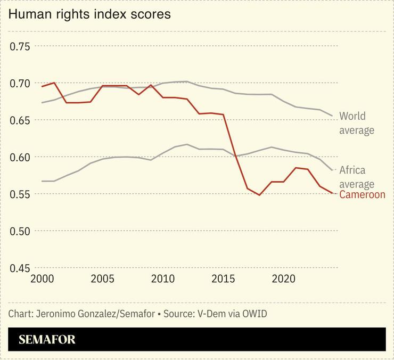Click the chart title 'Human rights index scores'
[89, 14]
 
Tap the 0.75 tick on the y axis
[21, 46]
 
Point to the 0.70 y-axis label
[21, 83]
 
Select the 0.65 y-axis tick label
[21, 120]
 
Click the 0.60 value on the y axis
[21, 157]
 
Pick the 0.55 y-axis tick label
[21, 194]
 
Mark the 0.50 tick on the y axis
[21, 231]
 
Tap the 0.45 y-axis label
[21, 268]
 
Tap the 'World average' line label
[357, 123]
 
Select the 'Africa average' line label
[352, 177]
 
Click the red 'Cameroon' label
[362, 195]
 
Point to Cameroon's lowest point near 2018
[259, 195]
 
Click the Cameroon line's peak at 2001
[54, 83]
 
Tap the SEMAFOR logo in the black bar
[47, 340]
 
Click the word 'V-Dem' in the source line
[211, 314]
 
